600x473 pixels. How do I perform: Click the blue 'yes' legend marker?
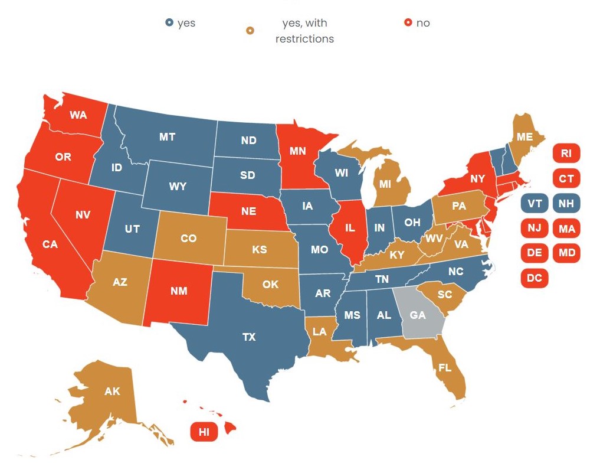(x=169, y=23)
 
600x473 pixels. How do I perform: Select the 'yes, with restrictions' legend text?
(x=304, y=31)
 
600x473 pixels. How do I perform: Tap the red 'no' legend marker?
(x=407, y=23)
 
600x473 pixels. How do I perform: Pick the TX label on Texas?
(x=249, y=337)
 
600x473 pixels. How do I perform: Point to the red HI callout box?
(x=204, y=432)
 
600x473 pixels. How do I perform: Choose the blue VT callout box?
(x=535, y=204)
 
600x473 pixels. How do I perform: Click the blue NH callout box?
(x=566, y=204)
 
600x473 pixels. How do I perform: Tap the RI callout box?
(x=566, y=154)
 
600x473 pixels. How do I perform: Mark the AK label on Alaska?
(x=112, y=392)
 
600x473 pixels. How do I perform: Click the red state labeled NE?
(x=248, y=211)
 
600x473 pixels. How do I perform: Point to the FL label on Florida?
(x=445, y=368)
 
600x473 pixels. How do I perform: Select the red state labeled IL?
(x=349, y=227)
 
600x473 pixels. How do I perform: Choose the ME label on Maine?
(x=524, y=137)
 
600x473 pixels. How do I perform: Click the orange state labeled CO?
(x=188, y=239)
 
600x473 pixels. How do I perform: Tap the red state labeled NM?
(x=179, y=291)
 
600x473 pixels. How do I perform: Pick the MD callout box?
(x=566, y=253)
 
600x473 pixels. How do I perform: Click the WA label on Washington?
(x=78, y=115)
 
